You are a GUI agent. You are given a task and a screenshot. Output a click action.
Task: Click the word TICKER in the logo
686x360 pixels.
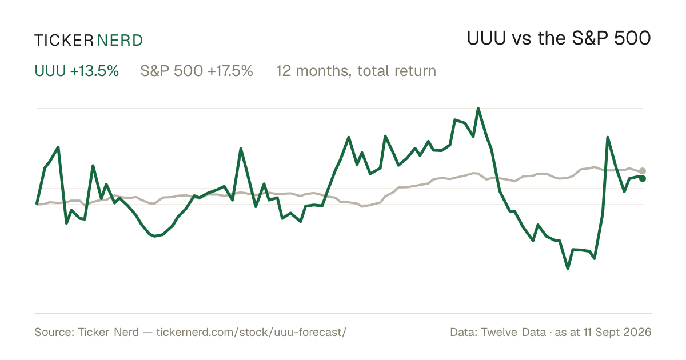pos(63,41)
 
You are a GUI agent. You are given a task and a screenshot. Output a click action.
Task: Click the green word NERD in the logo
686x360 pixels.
pos(120,41)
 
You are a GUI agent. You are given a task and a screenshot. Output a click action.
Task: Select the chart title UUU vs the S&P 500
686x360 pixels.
pos(559,38)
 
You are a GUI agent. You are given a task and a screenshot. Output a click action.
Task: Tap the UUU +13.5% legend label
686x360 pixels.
pos(77,71)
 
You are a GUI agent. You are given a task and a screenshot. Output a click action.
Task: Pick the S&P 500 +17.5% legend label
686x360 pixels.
pos(197,71)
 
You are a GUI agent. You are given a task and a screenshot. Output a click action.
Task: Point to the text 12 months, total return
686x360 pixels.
pos(356,71)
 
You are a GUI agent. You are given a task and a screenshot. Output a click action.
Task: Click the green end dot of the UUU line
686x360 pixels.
pos(643,178)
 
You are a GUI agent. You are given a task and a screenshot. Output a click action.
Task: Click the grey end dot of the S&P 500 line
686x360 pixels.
pos(643,171)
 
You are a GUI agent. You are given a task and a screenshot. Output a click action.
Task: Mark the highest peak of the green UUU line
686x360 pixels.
pos(478,109)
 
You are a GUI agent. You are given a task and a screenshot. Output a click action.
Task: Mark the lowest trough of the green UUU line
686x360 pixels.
pos(568,269)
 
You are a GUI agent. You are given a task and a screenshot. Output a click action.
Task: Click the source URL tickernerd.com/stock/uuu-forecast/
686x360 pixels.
pos(252,332)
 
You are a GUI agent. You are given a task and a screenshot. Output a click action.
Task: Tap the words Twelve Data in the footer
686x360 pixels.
pos(513,332)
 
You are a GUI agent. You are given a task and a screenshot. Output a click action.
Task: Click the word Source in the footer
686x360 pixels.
pos(54,332)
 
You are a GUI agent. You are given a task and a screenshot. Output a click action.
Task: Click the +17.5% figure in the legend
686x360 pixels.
pos(230,71)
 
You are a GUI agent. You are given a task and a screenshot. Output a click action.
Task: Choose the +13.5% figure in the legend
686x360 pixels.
pos(94,71)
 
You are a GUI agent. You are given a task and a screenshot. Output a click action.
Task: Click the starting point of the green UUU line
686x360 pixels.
pos(37,203)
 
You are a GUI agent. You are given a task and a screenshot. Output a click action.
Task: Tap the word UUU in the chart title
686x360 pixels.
pos(486,38)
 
